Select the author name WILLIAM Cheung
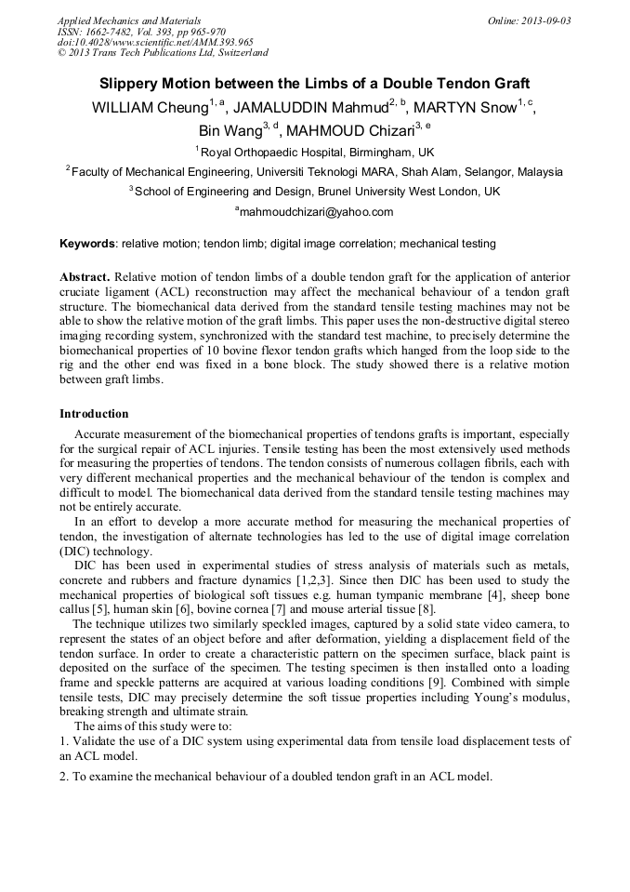point(149,108)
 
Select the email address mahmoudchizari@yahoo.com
point(316,212)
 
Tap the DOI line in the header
point(155,43)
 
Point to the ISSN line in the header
point(142,32)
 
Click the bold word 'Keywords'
point(86,244)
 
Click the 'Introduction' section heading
point(94,413)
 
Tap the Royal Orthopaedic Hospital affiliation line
point(316,152)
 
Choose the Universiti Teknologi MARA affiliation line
point(316,172)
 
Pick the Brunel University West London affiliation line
point(316,192)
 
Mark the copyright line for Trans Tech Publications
point(163,53)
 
